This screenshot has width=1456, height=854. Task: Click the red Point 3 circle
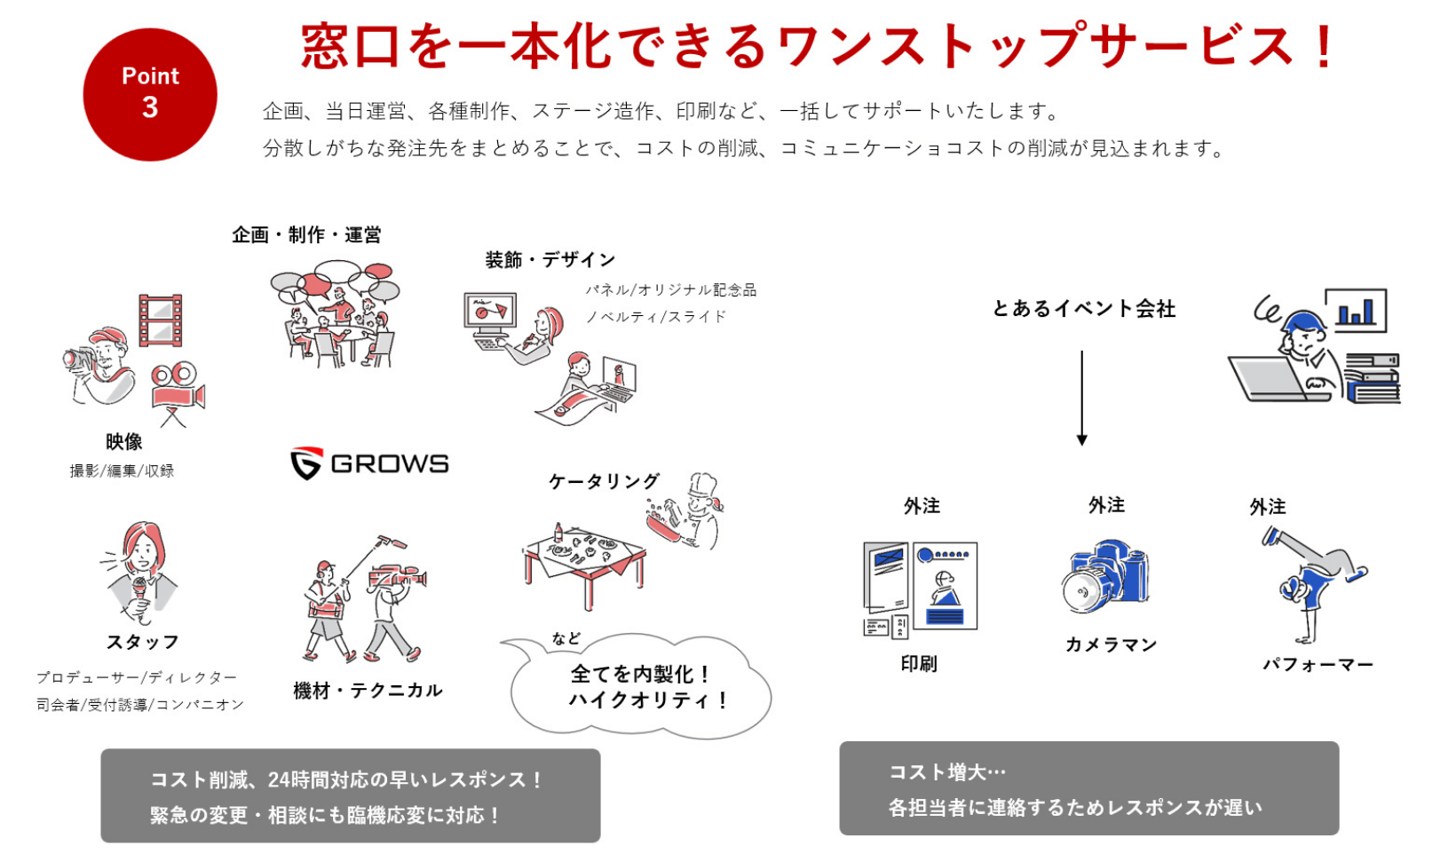point(150,95)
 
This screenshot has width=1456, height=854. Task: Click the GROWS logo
point(370,463)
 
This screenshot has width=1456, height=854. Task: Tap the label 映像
point(123,442)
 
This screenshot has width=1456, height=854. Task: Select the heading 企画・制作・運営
point(306,235)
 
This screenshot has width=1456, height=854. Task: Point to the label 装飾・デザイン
point(550,260)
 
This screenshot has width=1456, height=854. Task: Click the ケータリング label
point(604,481)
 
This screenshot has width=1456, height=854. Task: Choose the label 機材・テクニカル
point(368,691)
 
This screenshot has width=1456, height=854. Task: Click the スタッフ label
point(142,642)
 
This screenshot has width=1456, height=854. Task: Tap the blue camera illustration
point(1105,577)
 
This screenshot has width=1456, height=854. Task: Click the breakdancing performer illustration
point(1312,581)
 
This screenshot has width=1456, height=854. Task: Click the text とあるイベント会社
point(1084,309)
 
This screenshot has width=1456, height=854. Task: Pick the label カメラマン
point(1111,644)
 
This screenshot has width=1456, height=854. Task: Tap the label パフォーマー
point(1318,664)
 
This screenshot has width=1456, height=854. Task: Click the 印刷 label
point(919,664)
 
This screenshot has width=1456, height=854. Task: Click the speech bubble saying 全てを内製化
point(639,686)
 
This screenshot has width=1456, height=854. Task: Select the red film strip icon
point(161,320)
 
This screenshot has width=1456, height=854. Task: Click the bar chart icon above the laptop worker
point(1356,310)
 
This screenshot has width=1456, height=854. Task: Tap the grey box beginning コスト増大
point(1088,788)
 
